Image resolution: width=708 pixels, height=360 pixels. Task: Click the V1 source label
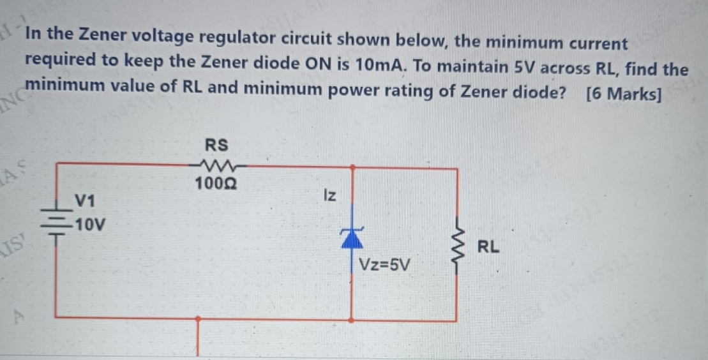click(85, 201)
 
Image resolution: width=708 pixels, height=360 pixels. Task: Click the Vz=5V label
click(386, 264)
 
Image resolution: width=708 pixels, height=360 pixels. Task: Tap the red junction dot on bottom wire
click(198, 318)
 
